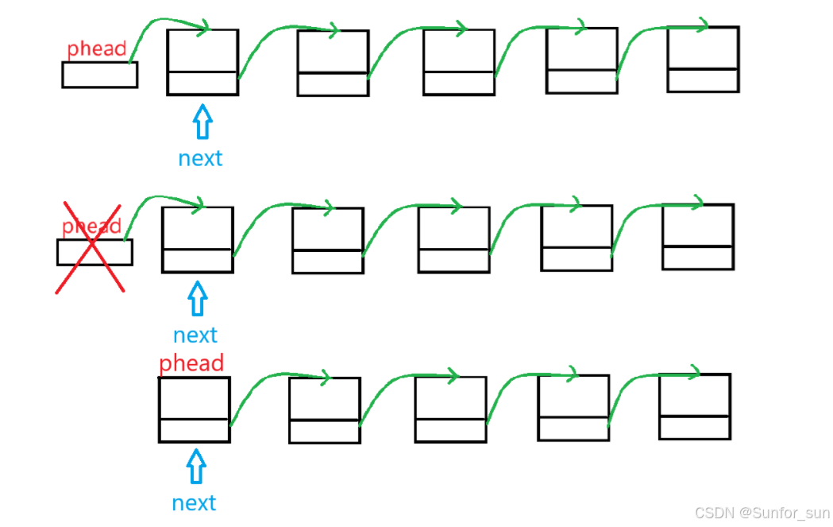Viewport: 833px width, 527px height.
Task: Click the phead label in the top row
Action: [x=96, y=49]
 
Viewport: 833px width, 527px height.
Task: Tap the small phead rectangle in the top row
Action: [x=99, y=75]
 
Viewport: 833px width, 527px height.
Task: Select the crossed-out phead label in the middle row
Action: [x=91, y=227]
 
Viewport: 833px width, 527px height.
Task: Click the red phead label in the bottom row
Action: [x=191, y=363]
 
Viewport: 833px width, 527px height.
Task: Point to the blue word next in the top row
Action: [x=200, y=158]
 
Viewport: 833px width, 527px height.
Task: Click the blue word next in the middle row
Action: [x=195, y=335]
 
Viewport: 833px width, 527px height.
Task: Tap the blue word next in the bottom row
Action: [x=194, y=503]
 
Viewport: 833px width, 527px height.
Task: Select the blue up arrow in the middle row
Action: [x=197, y=300]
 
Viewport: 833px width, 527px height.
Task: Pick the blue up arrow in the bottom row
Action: [x=195, y=467]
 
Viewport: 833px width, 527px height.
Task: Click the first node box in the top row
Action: [x=202, y=62]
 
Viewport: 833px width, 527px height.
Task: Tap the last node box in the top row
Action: [x=703, y=60]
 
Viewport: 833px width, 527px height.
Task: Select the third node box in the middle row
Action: [x=453, y=239]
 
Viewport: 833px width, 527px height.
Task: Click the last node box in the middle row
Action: [x=698, y=237]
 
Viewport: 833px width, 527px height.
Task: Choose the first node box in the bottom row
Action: [x=194, y=409]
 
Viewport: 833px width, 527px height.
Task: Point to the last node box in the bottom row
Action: [x=694, y=406]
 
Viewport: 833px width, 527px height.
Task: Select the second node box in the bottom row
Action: [x=324, y=410]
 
